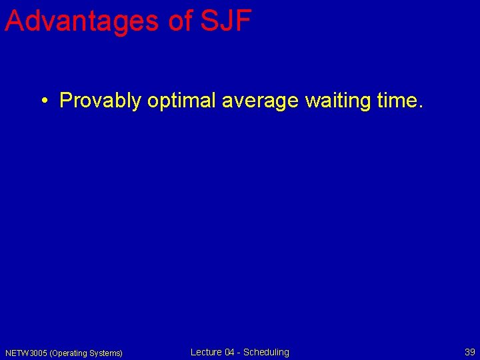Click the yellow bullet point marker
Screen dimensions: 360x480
coord(43,101)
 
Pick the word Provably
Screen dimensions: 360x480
coord(100,101)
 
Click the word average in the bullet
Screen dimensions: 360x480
coord(256,101)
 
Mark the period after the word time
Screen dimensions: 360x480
coord(420,107)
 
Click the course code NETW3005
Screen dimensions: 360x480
coord(26,353)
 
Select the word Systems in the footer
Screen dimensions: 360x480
coord(105,353)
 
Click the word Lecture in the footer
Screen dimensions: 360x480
coord(206,352)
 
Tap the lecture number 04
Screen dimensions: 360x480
coord(230,352)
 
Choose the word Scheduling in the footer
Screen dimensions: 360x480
coord(266,352)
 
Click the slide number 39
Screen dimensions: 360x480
coord(469,352)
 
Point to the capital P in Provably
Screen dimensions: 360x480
coord(65,101)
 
